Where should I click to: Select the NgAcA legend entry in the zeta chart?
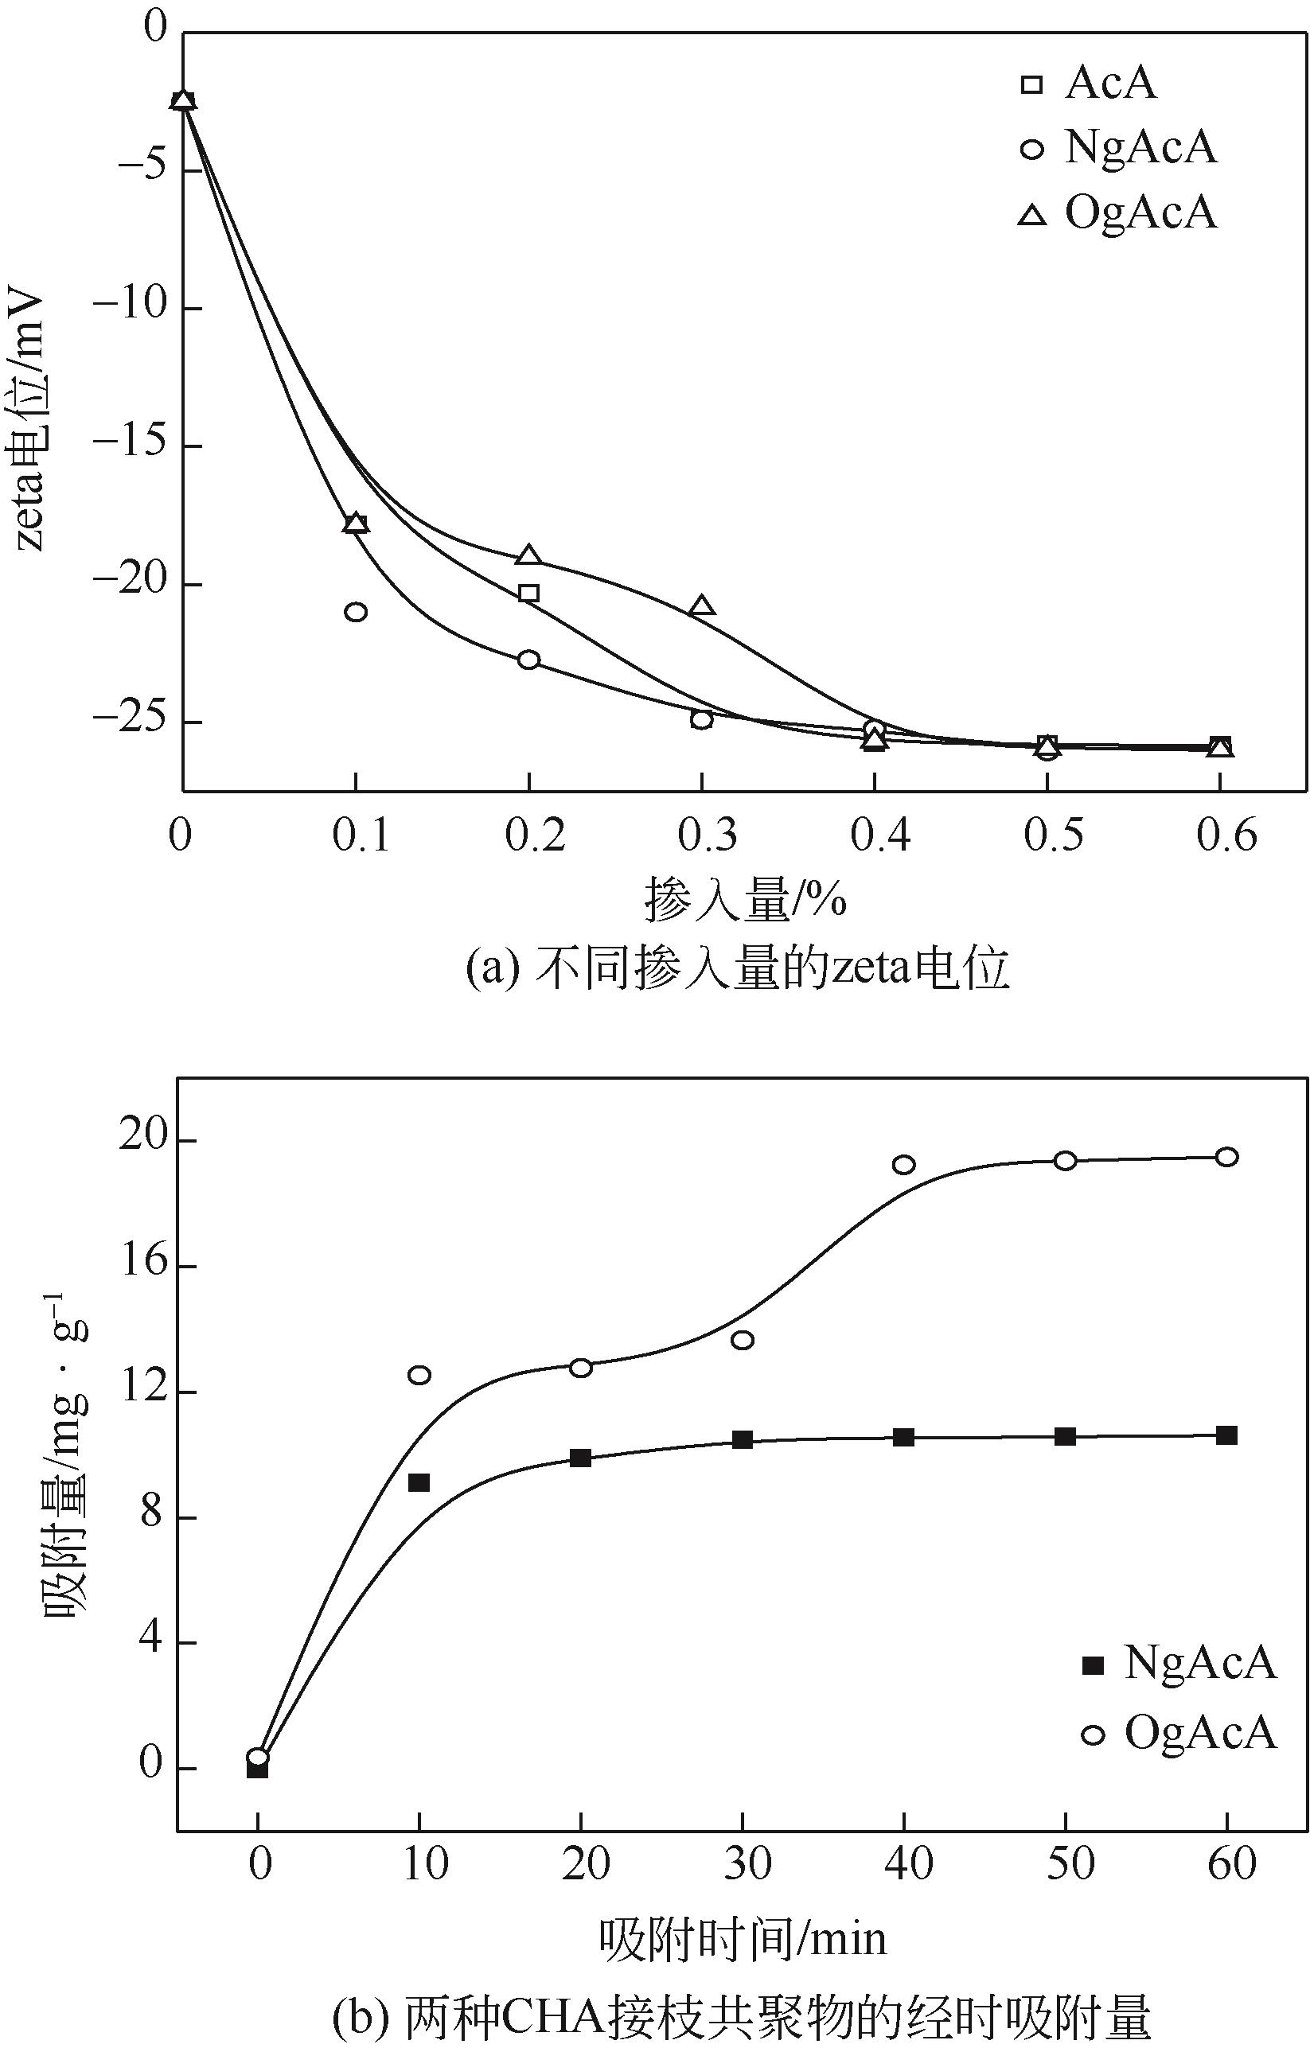tap(1119, 148)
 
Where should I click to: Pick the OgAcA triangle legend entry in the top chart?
tap(1119, 212)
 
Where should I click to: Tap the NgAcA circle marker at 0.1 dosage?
tap(357, 612)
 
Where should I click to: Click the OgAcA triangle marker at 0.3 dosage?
tap(702, 605)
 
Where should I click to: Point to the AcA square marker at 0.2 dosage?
tap(529, 593)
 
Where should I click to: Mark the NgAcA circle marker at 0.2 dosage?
tap(529, 659)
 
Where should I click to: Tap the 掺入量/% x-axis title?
tap(745, 900)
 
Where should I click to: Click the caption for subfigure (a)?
tap(738, 969)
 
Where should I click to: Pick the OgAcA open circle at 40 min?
tap(903, 1164)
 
